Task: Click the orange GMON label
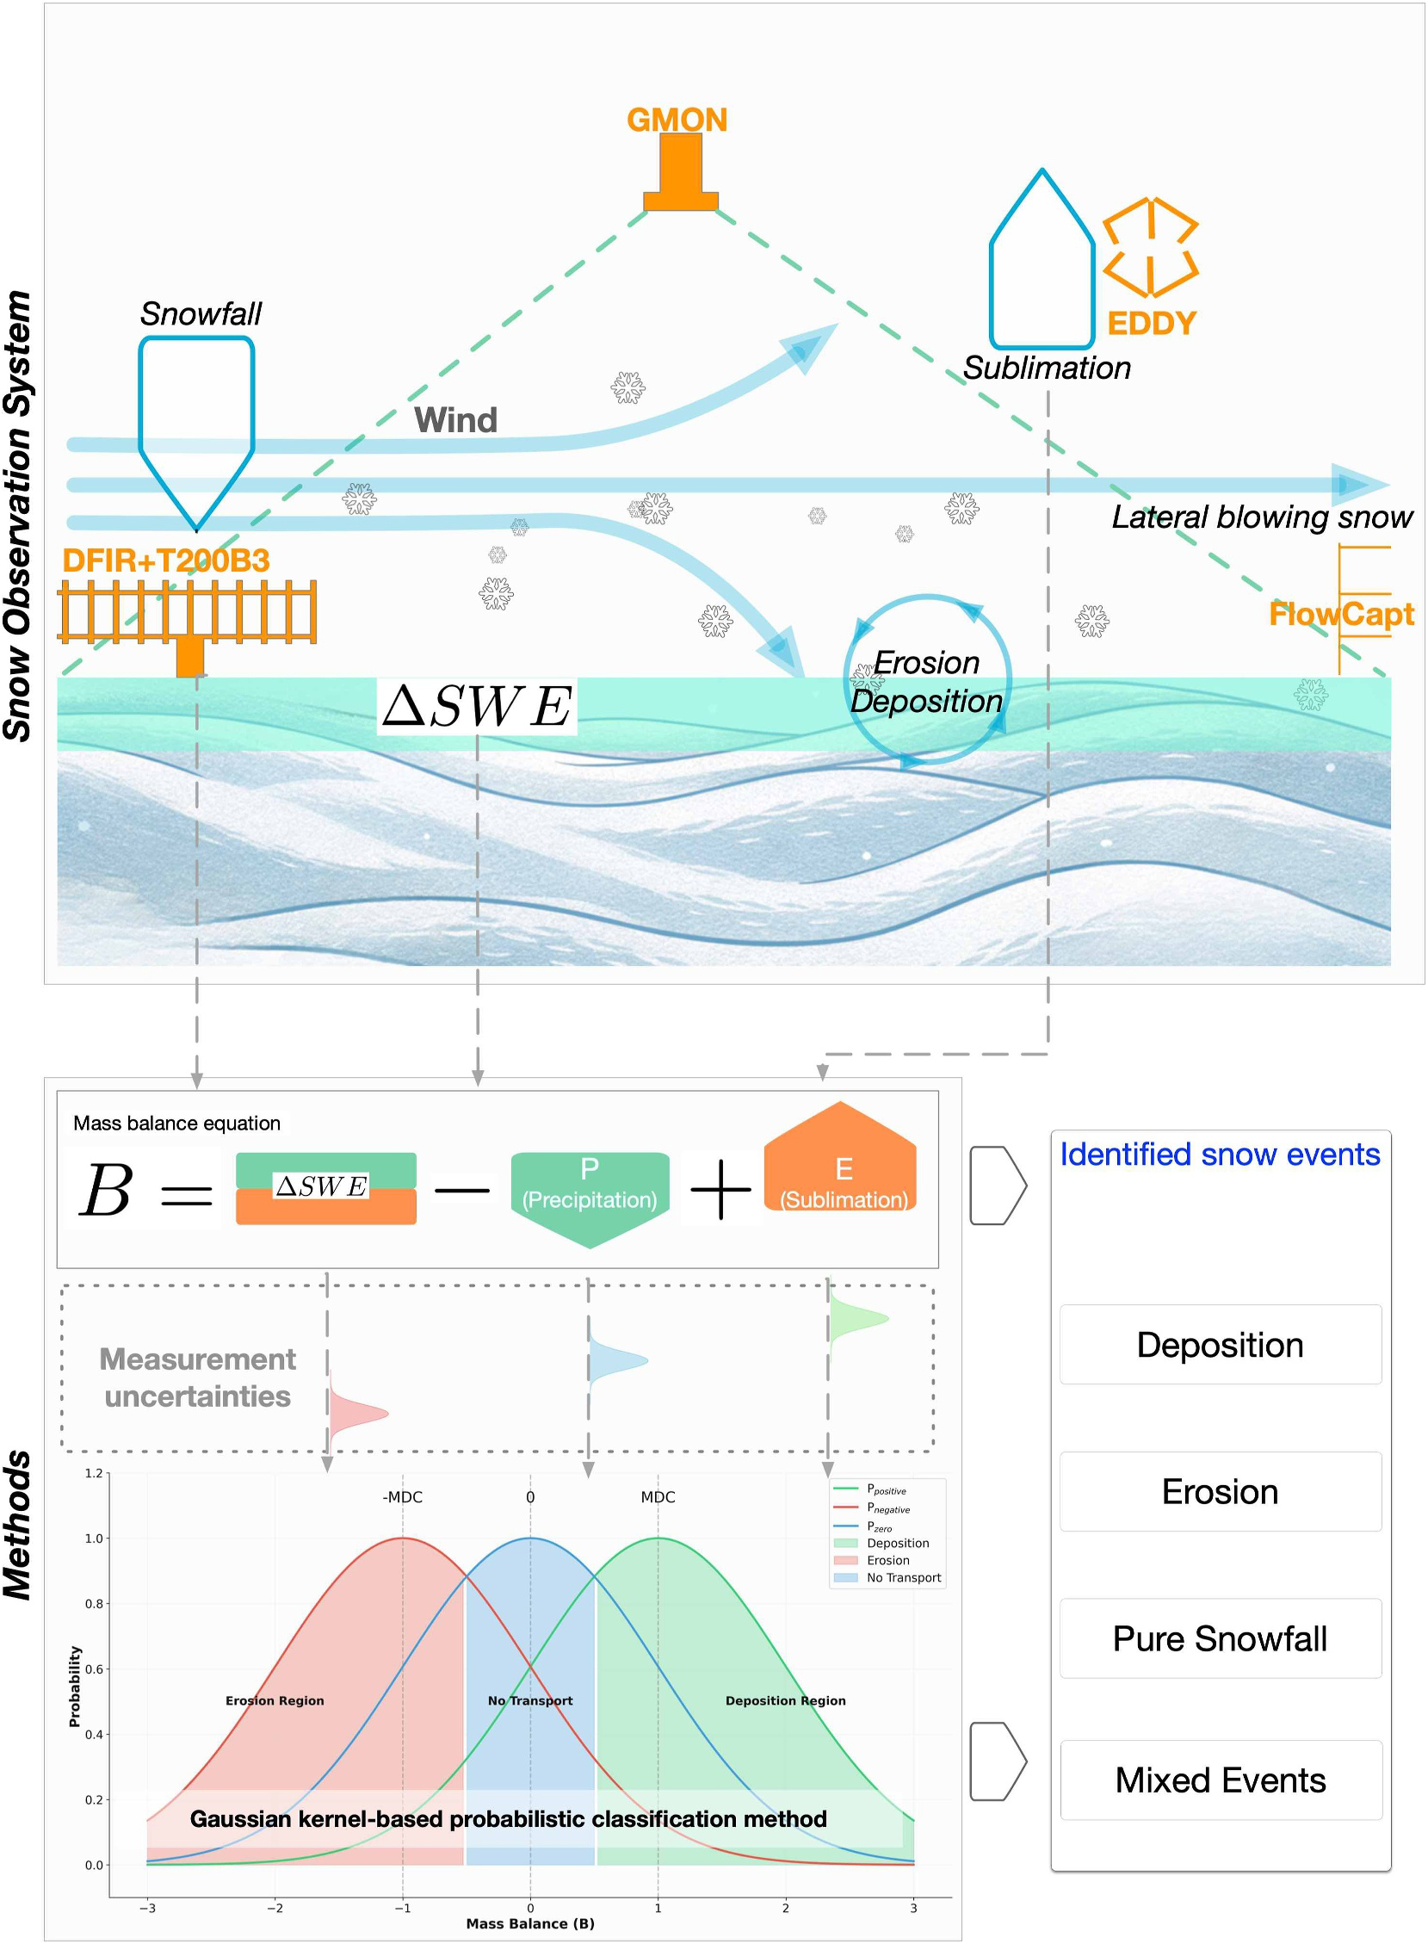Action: tap(677, 121)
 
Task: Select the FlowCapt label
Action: tap(1341, 614)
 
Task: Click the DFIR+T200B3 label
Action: tap(166, 561)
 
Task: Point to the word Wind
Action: tap(455, 420)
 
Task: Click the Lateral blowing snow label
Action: tap(1261, 517)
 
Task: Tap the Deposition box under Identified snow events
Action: tap(1220, 1345)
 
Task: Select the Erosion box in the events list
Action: tap(1220, 1492)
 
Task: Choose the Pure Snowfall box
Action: tap(1220, 1639)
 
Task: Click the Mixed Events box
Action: tap(1220, 1780)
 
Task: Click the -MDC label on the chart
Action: tap(402, 1497)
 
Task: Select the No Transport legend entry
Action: tap(903, 1577)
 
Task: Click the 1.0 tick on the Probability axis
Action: tap(93, 1538)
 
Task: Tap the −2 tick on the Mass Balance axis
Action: tap(274, 1908)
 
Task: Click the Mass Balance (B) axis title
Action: tap(530, 1924)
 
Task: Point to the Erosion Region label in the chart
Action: tap(275, 1700)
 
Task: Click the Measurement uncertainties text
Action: tap(198, 1378)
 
